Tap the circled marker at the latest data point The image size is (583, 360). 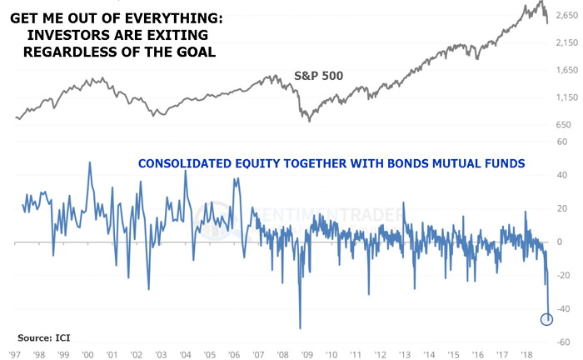(547, 319)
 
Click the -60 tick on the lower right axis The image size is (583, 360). (566, 342)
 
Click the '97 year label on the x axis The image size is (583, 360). (13, 353)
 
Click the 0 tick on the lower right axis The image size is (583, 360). (562, 242)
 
